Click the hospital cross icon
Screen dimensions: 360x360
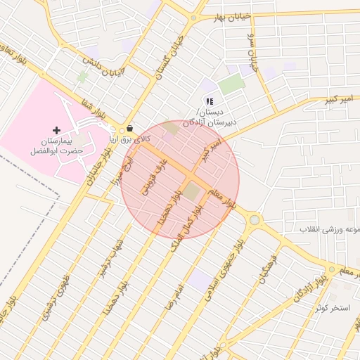tap(57, 130)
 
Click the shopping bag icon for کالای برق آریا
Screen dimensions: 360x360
tap(129, 129)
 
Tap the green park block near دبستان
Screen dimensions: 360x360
tap(231, 85)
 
